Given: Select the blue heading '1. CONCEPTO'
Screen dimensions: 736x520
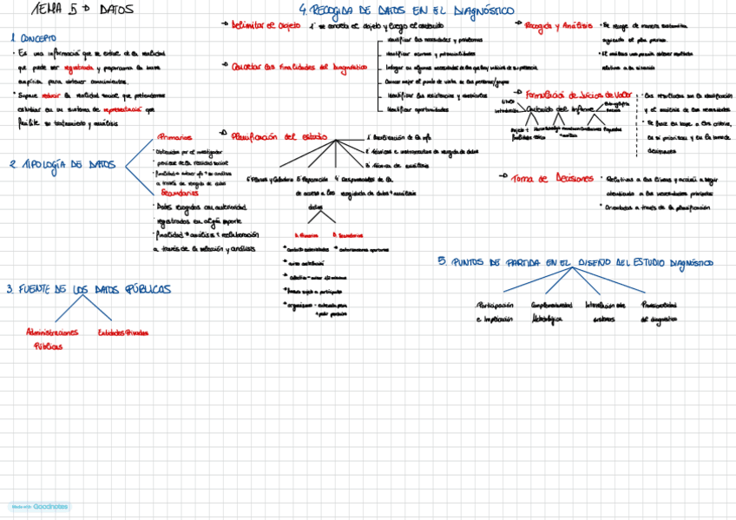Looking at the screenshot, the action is pos(33,38).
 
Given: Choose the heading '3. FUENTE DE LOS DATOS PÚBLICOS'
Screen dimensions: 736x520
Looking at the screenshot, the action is pos(89,289).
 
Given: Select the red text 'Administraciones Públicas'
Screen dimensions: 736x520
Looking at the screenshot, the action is pos(52,338).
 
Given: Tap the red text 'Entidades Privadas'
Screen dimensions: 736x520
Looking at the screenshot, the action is pos(123,332).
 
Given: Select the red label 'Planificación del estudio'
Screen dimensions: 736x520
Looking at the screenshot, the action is pos(274,136).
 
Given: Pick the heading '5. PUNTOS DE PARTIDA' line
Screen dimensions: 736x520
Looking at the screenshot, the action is pos(576,261).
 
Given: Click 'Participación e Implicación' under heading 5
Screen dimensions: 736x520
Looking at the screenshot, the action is pos(495,312).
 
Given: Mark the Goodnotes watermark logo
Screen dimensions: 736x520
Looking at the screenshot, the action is pos(40,506).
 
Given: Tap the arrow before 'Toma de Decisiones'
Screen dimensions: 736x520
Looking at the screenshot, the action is pos(503,177).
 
